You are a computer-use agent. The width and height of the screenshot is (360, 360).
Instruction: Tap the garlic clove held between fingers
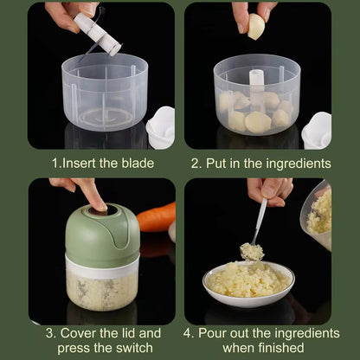coord(257,28)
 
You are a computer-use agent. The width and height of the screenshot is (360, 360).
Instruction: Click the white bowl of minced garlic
coord(247,284)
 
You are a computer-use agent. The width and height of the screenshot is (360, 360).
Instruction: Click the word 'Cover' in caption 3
coord(80,332)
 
